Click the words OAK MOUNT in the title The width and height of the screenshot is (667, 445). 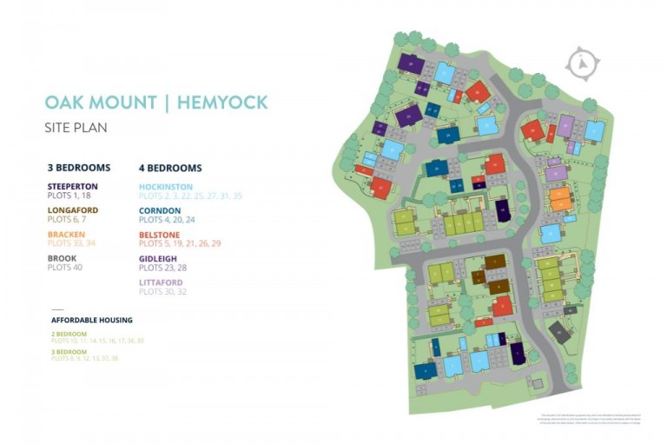[98, 103]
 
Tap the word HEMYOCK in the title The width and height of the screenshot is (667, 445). [222, 103]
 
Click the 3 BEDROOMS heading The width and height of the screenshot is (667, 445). [79, 168]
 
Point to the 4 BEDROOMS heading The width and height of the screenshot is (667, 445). [170, 168]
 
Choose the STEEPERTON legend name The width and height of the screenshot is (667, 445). [73, 186]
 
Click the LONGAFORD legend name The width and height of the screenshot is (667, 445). [73, 210]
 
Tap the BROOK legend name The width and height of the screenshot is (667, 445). [62, 258]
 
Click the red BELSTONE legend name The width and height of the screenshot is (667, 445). [159, 235]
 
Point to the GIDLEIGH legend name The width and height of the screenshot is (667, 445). [158, 258]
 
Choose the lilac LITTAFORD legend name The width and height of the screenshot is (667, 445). [161, 282]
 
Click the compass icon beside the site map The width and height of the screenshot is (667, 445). [582, 64]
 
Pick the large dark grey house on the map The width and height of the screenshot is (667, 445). [559, 331]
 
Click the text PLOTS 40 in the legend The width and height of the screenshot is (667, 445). [64, 268]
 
